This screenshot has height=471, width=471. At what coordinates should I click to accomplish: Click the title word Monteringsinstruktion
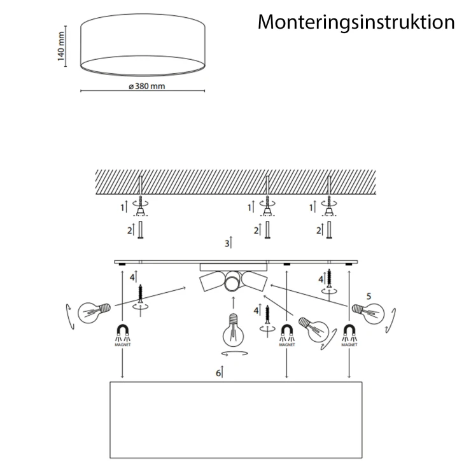(x=356, y=22)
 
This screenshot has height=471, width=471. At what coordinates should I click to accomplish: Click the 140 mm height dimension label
(x=61, y=46)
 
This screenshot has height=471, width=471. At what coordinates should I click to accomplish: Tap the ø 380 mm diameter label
(x=147, y=86)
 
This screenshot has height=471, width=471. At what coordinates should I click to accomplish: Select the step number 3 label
(x=227, y=243)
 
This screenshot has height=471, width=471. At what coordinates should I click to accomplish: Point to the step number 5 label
(x=369, y=296)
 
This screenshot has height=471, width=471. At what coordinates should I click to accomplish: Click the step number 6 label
(x=218, y=373)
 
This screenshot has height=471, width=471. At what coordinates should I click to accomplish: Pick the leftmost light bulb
(x=94, y=313)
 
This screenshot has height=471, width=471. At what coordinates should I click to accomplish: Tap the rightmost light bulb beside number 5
(x=369, y=313)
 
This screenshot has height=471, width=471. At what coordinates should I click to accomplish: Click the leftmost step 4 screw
(x=140, y=293)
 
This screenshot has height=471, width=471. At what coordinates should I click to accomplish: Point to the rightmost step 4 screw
(x=329, y=278)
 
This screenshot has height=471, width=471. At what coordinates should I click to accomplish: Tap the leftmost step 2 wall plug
(x=140, y=230)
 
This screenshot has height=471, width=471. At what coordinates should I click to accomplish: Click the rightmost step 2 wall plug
(x=329, y=230)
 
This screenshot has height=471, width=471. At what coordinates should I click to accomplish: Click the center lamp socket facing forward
(x=233, y=281)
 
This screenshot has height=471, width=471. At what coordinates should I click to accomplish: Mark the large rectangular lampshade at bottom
(x=236, y=420)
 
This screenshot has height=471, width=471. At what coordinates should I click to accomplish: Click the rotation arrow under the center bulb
(x=235, y=353)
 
